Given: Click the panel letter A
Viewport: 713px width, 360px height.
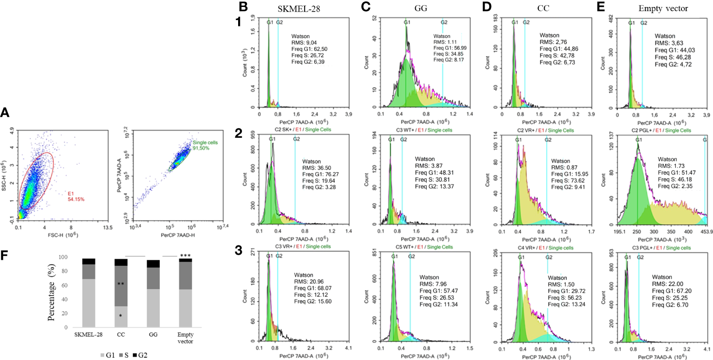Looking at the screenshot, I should point(6,112).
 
